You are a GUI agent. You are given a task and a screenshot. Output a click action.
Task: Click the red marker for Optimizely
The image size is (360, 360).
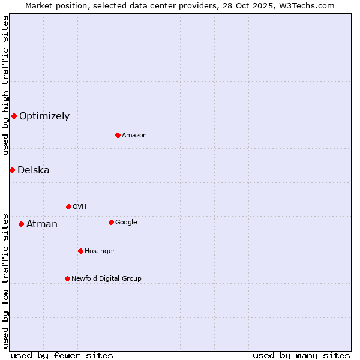[x=14, y=116]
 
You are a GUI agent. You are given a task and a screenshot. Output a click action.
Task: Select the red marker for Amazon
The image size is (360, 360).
[x=118, y=135]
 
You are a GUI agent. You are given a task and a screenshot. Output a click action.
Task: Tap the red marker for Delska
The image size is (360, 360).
[x=12, y=170]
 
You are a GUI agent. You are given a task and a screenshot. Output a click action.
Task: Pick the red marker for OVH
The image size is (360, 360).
[x=68, y=206]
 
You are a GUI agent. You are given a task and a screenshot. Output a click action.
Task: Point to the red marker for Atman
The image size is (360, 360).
[x=21, y=224]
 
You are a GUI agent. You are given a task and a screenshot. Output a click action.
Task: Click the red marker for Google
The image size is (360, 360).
[x=111, y=222]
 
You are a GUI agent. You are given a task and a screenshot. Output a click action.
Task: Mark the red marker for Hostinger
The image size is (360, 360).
[x=80, y=251]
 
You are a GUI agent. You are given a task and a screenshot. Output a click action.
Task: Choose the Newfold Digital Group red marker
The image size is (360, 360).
[x=67, y=278]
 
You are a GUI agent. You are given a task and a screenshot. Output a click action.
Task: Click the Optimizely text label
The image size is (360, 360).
[x=44, y=116]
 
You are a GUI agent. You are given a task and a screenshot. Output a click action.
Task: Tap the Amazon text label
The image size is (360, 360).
[x=134, y=136]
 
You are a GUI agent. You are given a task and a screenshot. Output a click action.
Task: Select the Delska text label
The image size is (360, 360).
[x=34, y=170]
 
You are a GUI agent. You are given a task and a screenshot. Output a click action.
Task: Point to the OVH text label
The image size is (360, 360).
[x=80, y=207]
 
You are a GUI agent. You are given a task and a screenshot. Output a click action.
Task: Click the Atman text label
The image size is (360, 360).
[x=42, y=224]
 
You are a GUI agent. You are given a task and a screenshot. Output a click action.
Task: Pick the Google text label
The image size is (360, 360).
[x=126, y=223]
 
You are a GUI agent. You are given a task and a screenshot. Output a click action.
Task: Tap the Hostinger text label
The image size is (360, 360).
[x=100, y=251]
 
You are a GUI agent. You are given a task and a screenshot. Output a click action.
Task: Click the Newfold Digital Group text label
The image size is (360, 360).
[x=107, y=279]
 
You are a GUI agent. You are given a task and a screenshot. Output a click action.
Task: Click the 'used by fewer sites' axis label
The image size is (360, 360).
[x=62, y=355]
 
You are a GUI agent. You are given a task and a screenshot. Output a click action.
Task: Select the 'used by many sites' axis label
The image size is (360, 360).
[x=301, y=355]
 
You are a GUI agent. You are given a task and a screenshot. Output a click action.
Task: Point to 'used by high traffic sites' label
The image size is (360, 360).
[x=5, y=86]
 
